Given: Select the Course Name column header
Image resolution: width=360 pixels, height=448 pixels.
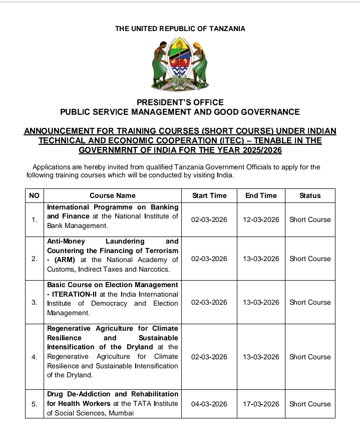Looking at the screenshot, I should [x=112, y=195].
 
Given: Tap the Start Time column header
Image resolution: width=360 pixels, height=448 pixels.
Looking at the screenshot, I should [x=209, y=195].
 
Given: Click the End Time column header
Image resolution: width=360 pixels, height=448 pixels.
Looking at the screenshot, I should [x=261, y=195].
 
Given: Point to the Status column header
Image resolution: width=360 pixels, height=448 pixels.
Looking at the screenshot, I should [x=310, y=195].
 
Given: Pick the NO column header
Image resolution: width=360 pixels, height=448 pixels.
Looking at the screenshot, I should [x=34, y=195].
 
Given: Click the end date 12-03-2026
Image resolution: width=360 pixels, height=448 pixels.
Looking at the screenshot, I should [x=261, y=219].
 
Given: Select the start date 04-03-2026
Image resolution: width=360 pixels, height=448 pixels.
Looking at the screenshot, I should [x=209, y=404].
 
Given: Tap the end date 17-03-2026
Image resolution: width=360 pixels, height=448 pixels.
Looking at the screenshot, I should [x=261, y=404].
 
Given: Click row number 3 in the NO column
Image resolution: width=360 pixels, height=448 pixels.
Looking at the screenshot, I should [x=34, y=302].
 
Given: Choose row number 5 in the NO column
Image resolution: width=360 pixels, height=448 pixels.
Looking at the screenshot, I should [x=34, y=404].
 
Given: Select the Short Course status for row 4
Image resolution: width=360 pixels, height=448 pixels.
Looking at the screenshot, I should [x=310, y=357].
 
